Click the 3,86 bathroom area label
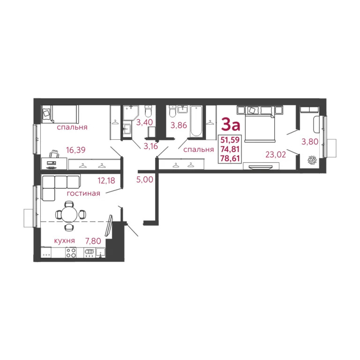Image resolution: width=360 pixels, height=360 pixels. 178,125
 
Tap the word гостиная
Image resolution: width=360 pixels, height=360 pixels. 83,194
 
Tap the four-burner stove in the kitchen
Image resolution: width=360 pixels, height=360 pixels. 71,253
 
